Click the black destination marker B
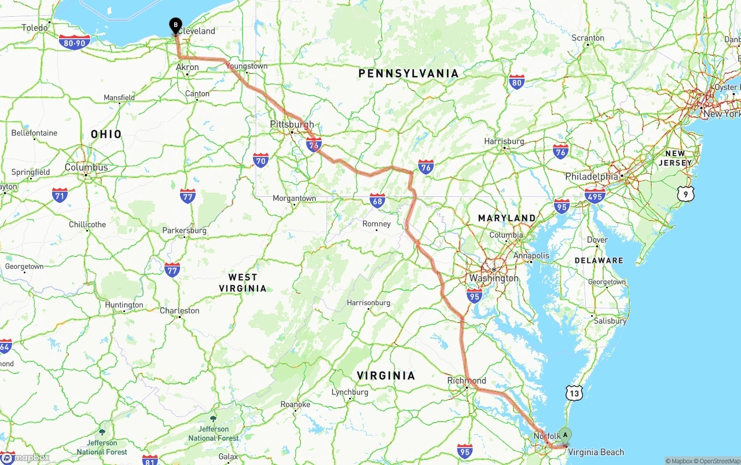point(175,25)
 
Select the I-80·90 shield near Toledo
point(74,42)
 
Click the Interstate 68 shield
point(377,201)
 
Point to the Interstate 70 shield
point(261,160)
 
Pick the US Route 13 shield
point(574,393)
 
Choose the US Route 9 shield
point(685,194)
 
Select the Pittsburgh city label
point(292,124)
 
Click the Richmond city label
point(467,380)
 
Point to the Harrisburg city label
point(504,141)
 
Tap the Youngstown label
point(247,66)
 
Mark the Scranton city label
point(588,38)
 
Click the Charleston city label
point(179,310)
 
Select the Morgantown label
point(295,198)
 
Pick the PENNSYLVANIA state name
point(408,74)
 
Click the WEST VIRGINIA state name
point(243,283)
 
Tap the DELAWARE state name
point(599,261)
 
